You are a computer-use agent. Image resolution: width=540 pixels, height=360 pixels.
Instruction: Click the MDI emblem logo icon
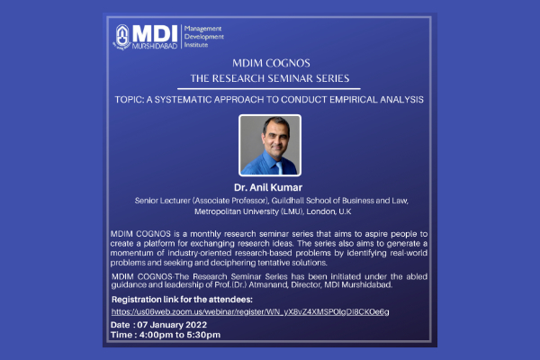click(x=121, y=37)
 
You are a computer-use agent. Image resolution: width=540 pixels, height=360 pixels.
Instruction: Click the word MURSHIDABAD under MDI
click(x=155, y=46)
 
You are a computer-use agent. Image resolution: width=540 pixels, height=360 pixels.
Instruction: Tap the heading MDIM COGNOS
click(x=271, y=63)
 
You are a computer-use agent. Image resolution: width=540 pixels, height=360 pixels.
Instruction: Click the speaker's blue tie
click(x=279, y=167)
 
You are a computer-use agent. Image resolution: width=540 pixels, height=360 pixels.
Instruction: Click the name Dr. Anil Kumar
click(x=268, y=187)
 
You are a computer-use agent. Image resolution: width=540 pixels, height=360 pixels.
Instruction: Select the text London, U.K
click(x=328, y=211)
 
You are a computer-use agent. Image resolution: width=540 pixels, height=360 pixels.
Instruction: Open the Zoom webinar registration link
click(x=250, y=312)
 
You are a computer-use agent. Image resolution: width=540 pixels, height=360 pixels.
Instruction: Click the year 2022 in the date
click(x=196, y=325)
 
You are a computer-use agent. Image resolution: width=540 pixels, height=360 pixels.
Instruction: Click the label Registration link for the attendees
click(x=182, y=300)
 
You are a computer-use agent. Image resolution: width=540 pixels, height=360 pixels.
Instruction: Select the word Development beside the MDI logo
click(x=204, y=37)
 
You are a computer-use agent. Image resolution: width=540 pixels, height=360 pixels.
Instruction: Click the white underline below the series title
click(x=268, y=89)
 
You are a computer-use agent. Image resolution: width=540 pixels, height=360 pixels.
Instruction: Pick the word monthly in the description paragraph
click(x=205, y=234)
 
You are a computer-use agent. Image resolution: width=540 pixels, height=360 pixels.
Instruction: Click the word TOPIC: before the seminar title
click(x=130, y=100)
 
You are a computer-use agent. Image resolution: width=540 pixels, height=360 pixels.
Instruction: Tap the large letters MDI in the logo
click(x=155, y=34)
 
